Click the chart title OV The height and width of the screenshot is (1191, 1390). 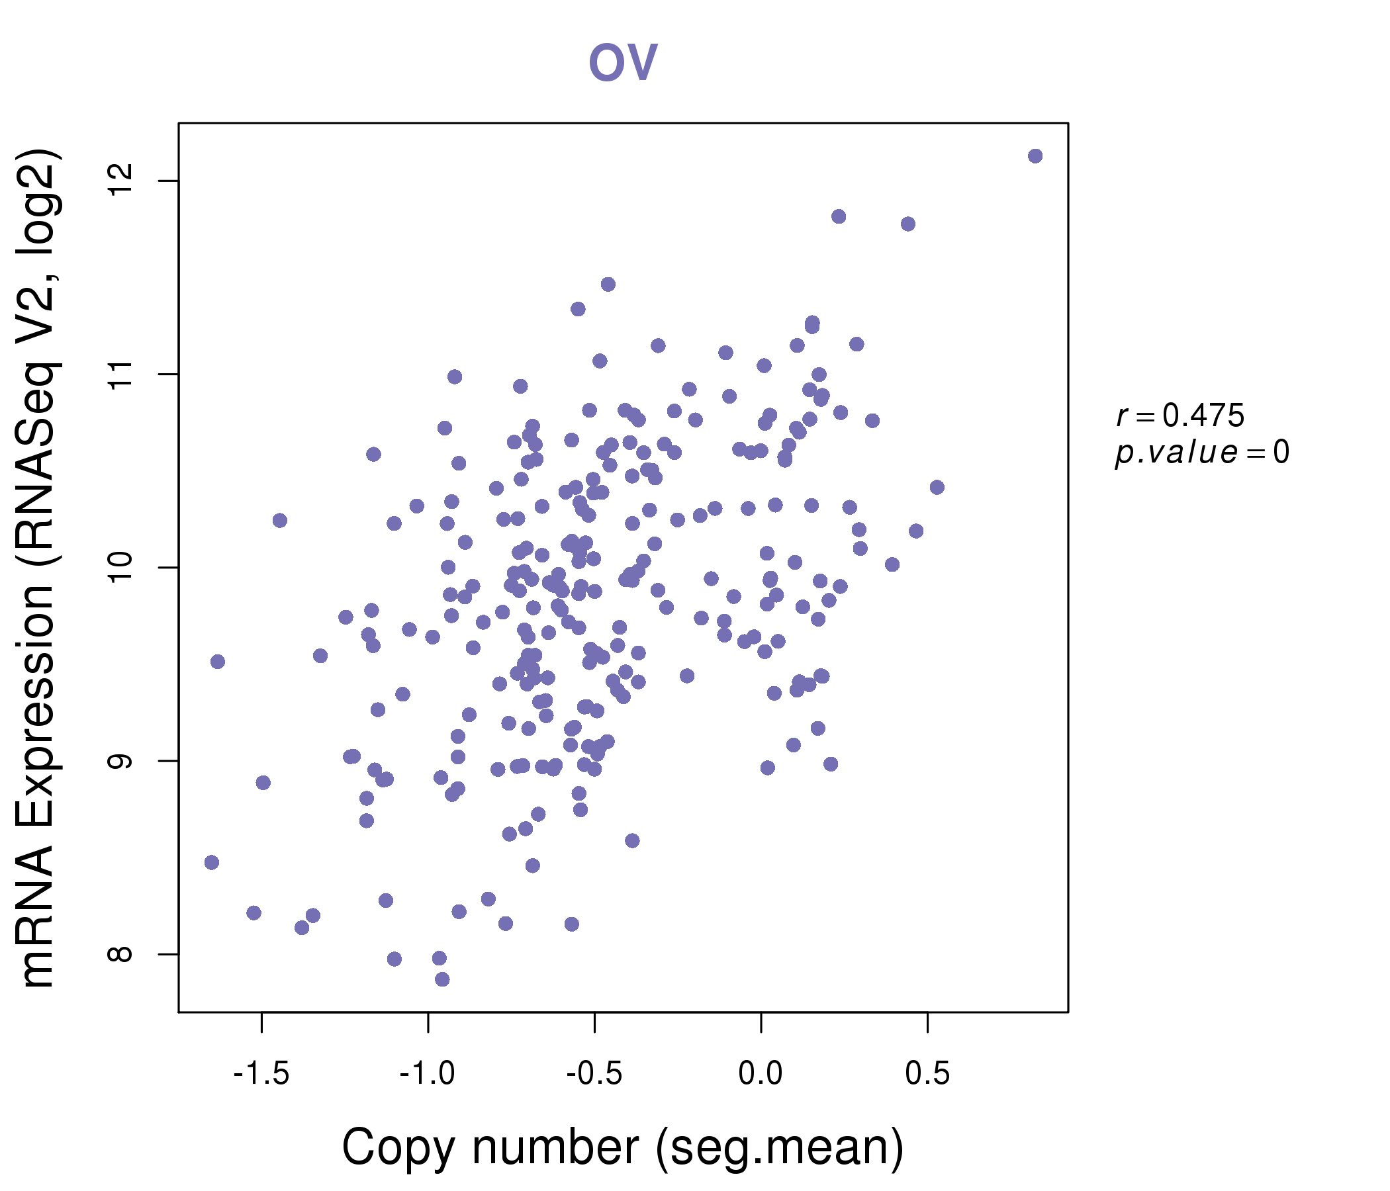(623, 62)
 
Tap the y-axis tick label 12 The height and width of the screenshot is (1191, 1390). (120, 181)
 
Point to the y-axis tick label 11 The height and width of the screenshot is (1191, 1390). (120, 375)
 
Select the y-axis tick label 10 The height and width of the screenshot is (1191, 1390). (120, 567)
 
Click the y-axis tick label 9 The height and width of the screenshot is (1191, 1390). (120, 761)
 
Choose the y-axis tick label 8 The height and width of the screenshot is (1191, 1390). (120, 954)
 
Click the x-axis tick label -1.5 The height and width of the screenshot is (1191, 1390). (261, 1074)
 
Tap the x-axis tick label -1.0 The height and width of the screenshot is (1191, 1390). (428, 1074)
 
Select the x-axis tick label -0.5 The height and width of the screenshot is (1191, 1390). (594, 1074)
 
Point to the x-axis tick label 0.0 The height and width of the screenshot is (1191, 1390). (761, 1074)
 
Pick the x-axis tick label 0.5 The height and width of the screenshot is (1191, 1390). (927, 1074)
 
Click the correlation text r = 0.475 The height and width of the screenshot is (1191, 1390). (1180, 416)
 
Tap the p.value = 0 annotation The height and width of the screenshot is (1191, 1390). (1201, 452)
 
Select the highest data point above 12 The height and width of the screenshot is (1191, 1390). (1035, 155)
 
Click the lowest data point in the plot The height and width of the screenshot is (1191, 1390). (442, 979)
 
